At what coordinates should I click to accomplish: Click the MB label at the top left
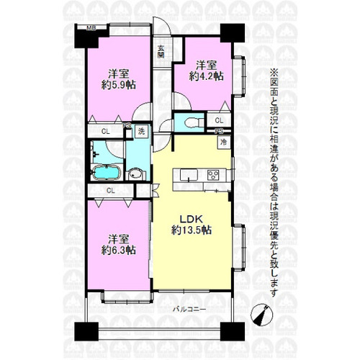click(91, 28)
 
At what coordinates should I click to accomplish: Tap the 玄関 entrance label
click(161, 52)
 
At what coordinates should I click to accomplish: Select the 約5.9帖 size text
click(119, 85)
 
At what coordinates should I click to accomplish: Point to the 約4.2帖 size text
click(207, 76)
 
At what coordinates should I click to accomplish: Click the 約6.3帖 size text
click(119, 250)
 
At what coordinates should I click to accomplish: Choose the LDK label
click(192, 219)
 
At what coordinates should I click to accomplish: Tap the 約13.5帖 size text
click(192, 230)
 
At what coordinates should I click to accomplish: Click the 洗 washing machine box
click(141, 131)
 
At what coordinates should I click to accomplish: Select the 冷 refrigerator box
click(224, 142)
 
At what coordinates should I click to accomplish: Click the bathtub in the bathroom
click(106, 173)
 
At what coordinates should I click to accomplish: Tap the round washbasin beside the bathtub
click(135, 174)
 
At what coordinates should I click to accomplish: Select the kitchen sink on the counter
click(189, 175)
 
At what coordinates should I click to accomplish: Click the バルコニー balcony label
click(189, 310)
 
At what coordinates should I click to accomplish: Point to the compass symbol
click(262, 315)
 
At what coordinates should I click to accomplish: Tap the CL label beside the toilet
click(219, 120)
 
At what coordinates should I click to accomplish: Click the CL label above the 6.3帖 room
click(110, 191)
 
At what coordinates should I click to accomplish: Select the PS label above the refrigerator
click(219, 131)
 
